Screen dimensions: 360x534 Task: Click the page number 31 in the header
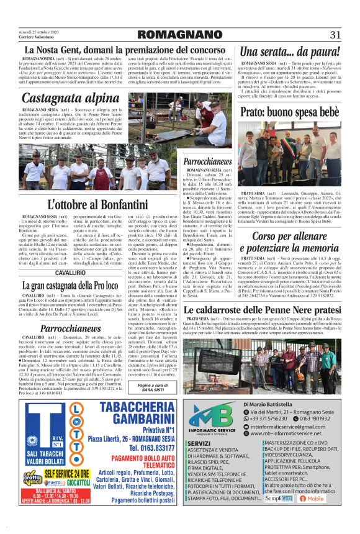(336, 34)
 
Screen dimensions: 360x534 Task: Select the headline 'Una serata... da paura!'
(289, 52)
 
